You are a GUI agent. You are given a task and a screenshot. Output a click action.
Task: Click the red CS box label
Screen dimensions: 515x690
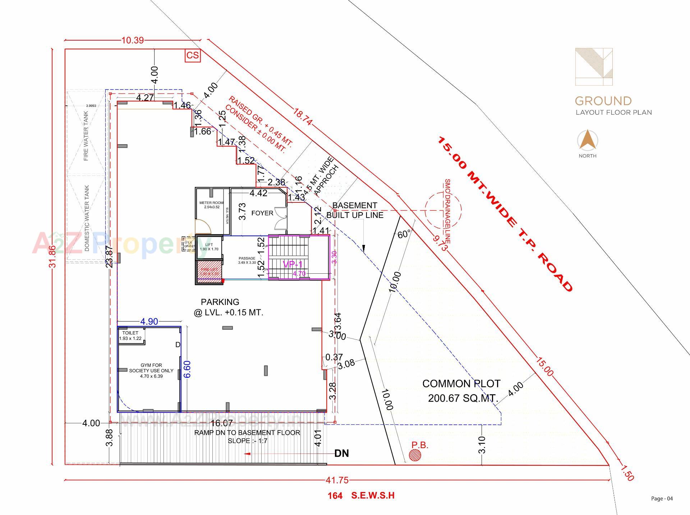click(193, 55)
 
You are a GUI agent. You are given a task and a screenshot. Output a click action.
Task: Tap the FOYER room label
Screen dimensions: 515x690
click(262, 213)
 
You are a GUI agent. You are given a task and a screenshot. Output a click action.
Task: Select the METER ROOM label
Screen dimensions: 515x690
click(211, 203)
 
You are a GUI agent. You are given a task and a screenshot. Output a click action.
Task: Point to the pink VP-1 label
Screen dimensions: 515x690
click(293, 265)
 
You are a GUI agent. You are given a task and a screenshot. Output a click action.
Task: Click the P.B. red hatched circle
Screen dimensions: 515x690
click(415, 456)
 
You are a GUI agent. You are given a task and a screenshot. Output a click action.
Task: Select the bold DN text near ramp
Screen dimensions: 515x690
click(341, 454)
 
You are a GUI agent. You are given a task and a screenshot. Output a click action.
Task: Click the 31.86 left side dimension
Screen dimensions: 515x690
click(52, 256)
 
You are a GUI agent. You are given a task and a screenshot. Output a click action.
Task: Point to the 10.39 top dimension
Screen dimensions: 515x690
click(132, 40)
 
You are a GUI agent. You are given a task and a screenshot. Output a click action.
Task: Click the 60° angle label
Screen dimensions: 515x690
click(404, 234)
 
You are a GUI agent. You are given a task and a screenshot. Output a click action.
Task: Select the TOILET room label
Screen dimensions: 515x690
click(130, 333)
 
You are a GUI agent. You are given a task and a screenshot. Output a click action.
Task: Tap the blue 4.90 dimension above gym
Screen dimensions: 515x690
click(149, 322)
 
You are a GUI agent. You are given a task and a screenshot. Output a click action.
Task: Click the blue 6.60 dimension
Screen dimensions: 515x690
click(187, 369)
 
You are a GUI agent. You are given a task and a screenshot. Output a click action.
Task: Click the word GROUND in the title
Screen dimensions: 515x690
click(603, 101)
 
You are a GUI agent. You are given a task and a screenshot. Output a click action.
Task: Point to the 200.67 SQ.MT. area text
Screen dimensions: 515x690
click(463, 398)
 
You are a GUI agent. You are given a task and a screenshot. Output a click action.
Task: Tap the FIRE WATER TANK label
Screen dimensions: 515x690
click(86, 136)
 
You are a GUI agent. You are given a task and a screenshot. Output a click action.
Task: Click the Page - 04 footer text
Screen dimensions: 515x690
click(662, 498)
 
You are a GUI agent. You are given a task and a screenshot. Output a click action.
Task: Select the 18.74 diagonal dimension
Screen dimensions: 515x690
click(302, 117)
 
